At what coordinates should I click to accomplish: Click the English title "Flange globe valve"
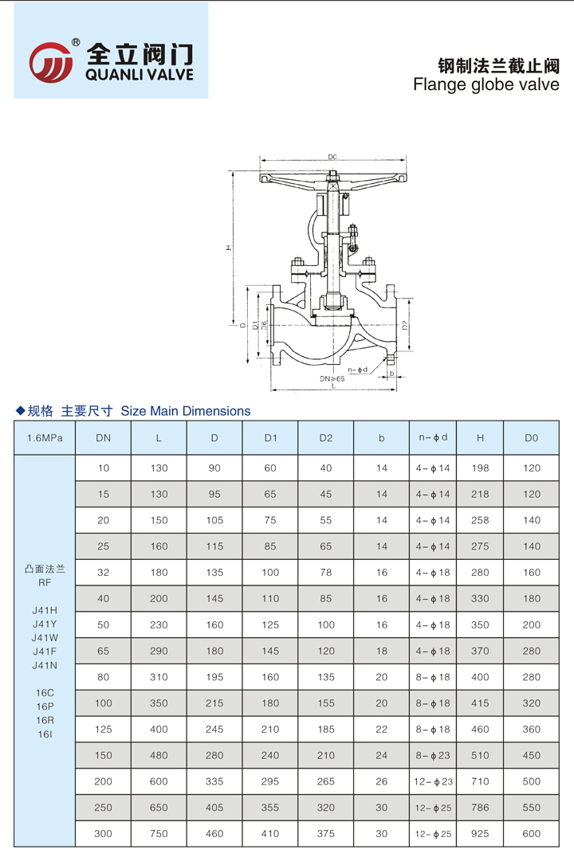point(486,84)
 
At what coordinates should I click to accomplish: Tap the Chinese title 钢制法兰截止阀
point(499,64)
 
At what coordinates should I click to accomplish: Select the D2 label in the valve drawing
point(405,325)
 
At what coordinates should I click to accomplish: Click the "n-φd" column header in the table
point(434,437)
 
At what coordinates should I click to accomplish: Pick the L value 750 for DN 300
point(159,834)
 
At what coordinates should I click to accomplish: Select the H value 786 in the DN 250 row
point(480,808)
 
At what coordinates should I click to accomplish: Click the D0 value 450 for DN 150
point(532,755)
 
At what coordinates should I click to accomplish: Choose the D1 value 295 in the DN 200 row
point(270,781)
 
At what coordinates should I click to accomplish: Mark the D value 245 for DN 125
point(214,730)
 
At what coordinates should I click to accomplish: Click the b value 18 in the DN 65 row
point(382,651)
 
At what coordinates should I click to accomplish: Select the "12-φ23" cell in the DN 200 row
point(434,781)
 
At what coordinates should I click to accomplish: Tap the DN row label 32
point(103,573)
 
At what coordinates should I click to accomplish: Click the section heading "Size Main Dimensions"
point(185,411)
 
